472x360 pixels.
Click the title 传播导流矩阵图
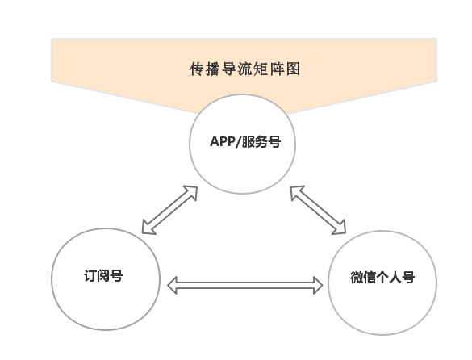tap(244, 69)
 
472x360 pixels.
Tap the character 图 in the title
tap(293, 69)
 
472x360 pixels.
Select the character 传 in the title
tap(197, 69)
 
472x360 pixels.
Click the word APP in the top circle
tap(222, 141)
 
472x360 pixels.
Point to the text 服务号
tap(261, 141)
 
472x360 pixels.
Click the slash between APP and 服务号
tap(238, 141)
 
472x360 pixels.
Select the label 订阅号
tap(103, 275)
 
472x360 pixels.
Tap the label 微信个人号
tap(382, 277)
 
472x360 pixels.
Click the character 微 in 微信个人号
tap(357, 277)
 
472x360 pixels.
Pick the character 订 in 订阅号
tap(90, 275)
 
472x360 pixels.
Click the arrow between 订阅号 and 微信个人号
tap(244, 285)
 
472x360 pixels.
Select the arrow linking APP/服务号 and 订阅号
tap(169, 210)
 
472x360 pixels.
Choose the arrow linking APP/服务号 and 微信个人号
tap(318, 210)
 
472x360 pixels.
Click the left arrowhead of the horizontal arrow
tap(172, 285)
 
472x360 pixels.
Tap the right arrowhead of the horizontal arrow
tap(318, 285)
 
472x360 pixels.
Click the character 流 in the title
tap(244, 69)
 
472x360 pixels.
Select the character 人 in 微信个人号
tap(395, 277)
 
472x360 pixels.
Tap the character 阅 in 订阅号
tap(103, 275)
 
